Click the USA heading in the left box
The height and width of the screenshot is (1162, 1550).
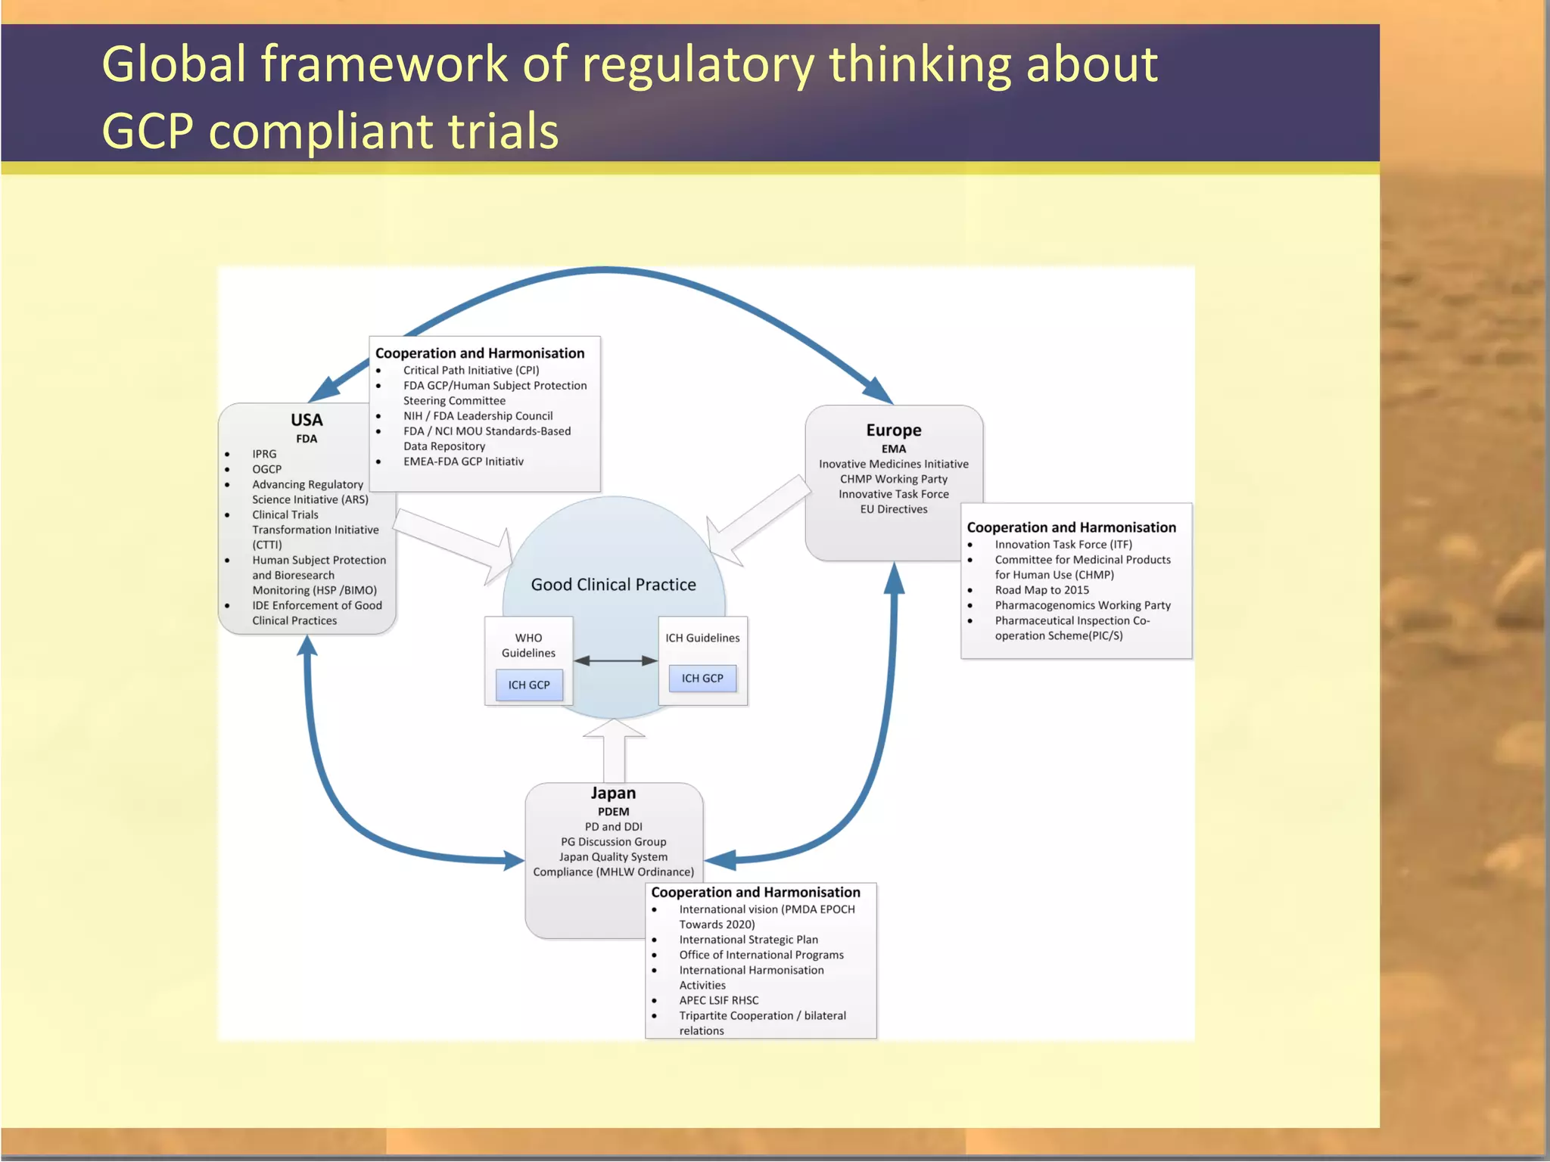point(307,420)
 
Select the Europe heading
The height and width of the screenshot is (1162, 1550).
point(894,430)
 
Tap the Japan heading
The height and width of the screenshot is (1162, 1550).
point(613,794)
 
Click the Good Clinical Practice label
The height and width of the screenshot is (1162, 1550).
point(613,585)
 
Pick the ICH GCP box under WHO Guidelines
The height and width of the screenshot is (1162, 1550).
point(529,685)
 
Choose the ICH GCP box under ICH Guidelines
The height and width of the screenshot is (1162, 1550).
point(702,679)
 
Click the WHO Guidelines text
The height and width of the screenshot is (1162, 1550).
point(528,645)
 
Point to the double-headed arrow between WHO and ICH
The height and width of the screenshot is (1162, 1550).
point(615,660)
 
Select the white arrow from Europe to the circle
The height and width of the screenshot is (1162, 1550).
point(757,522)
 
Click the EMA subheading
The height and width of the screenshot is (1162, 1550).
point(894,449)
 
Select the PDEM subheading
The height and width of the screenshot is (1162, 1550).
point(613,812)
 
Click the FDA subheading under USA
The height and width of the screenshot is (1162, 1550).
point(307,439)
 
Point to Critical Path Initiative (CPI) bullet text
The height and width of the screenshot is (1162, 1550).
point(471,371)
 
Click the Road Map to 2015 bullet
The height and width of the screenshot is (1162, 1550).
point(1041,590)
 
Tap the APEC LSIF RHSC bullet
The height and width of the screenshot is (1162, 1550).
point(718,1000)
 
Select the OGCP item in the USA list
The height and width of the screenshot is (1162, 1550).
point(266,469)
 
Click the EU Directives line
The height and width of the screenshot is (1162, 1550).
point(894,509)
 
